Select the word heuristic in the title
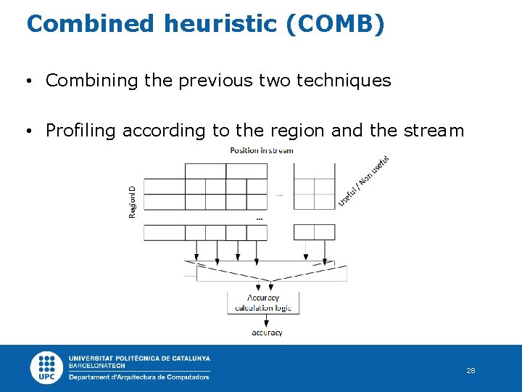tap(218, 24)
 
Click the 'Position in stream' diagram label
tap(261, 150)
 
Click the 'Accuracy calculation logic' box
tap(263, 303)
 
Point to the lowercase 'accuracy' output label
tap(267, 333)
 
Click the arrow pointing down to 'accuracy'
tap(263, 321)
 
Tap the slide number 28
tap(471, 371)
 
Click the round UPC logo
tap(46, 367)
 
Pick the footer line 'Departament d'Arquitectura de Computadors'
tap(139, 377)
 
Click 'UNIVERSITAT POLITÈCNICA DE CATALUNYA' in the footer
tap(139, 358)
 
